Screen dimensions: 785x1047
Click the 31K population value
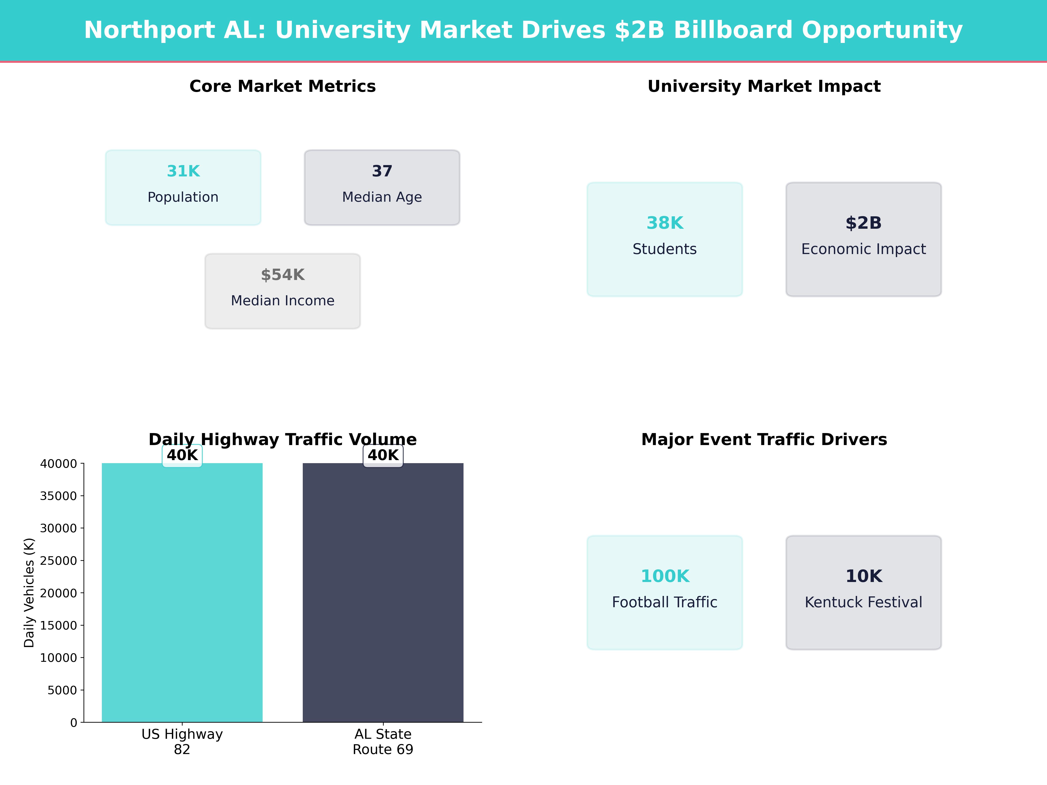183,171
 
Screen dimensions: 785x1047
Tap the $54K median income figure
282,275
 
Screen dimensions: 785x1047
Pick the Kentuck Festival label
863,602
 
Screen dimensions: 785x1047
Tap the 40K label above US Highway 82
182,455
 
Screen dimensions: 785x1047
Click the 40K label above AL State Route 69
383,455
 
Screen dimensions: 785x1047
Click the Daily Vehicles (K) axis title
29,592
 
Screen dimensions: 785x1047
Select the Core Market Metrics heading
282,87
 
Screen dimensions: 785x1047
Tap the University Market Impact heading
764,87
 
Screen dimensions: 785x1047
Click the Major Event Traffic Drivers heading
764,440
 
